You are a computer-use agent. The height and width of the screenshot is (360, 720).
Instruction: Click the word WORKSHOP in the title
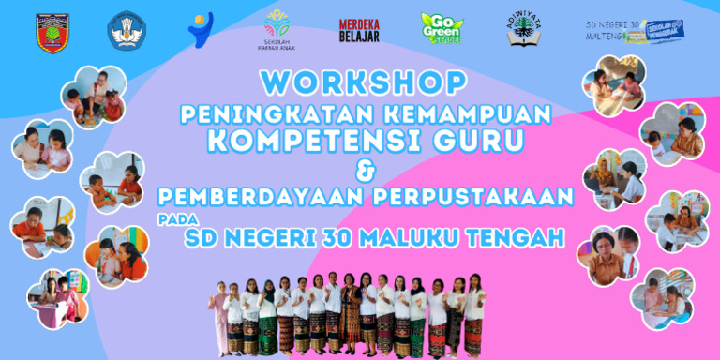(x=360, y=82)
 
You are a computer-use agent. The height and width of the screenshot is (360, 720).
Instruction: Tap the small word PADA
(x=169, y=220)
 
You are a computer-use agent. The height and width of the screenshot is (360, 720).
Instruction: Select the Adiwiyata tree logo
(x=525, y=28)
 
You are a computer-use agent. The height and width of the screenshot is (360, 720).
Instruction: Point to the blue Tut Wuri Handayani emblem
(x=127, y=31)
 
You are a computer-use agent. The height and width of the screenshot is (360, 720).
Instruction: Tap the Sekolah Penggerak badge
(x=663, y=32)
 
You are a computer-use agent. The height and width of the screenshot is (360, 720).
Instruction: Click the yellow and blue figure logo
(x=200, y=30)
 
